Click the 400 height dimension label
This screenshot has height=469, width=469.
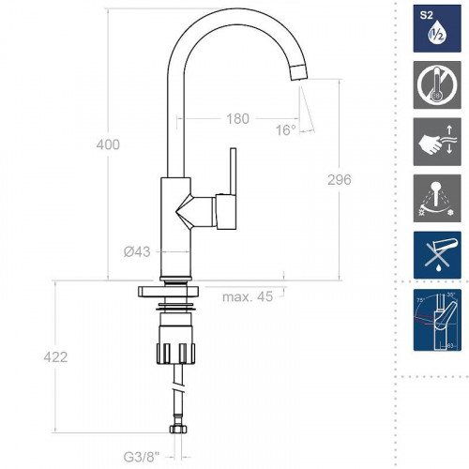(x=109, y=144)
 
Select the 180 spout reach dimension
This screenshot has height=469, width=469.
(x=238, y=118)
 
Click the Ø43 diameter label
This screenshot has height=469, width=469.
(x=138, y=251)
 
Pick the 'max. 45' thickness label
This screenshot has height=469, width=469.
(x=248, y=297)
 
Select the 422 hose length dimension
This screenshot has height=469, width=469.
(x=57, y=357)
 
